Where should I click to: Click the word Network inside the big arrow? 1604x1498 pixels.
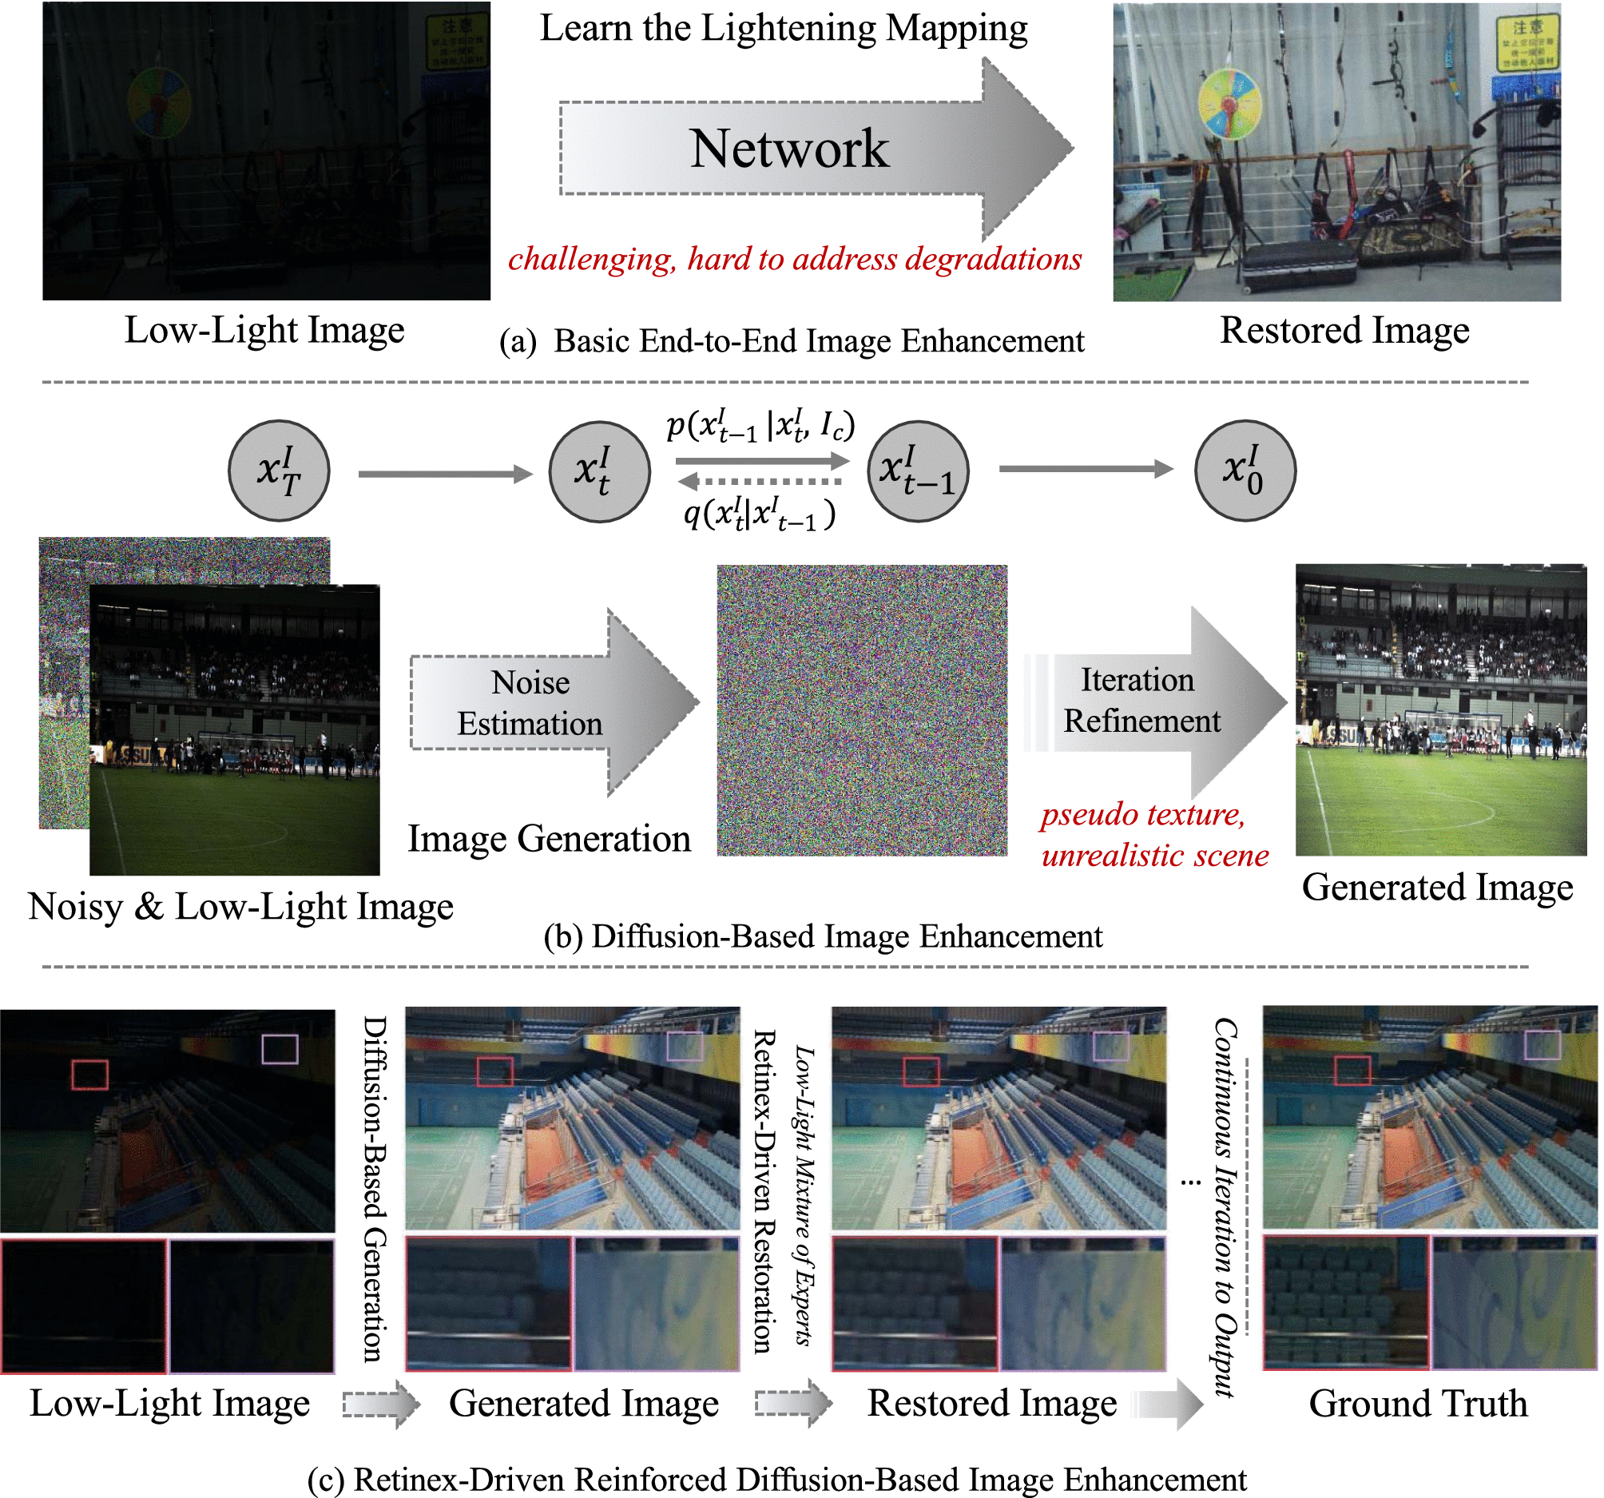click(789, 149)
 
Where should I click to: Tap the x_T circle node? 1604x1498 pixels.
click(279, 471)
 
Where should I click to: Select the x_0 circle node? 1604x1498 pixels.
click(1245, 471)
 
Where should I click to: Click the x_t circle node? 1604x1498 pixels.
click(598, 471)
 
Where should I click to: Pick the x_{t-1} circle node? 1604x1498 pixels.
click(917, 471)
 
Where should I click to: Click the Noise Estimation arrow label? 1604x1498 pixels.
click(530, 703)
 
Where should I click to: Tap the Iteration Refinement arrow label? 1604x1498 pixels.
click(1140, 701)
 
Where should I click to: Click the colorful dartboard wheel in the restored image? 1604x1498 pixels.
click(1229, 104)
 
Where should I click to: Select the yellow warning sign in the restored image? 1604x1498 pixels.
click(1527, 44)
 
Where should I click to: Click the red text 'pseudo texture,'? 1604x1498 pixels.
click(1142, 814)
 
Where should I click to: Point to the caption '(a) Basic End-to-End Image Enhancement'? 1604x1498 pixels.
click(792, 341)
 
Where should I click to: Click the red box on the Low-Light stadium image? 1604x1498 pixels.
click(89, 1075)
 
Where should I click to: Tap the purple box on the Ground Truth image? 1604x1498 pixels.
click(1542, 1047)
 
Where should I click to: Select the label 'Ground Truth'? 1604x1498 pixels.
click(1418, 1404)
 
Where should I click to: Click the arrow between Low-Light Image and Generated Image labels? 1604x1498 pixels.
click(380, 1405)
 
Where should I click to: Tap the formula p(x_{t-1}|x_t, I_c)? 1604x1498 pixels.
click(760, 425)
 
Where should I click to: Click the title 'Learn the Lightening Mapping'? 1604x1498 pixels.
click(784, 28)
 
